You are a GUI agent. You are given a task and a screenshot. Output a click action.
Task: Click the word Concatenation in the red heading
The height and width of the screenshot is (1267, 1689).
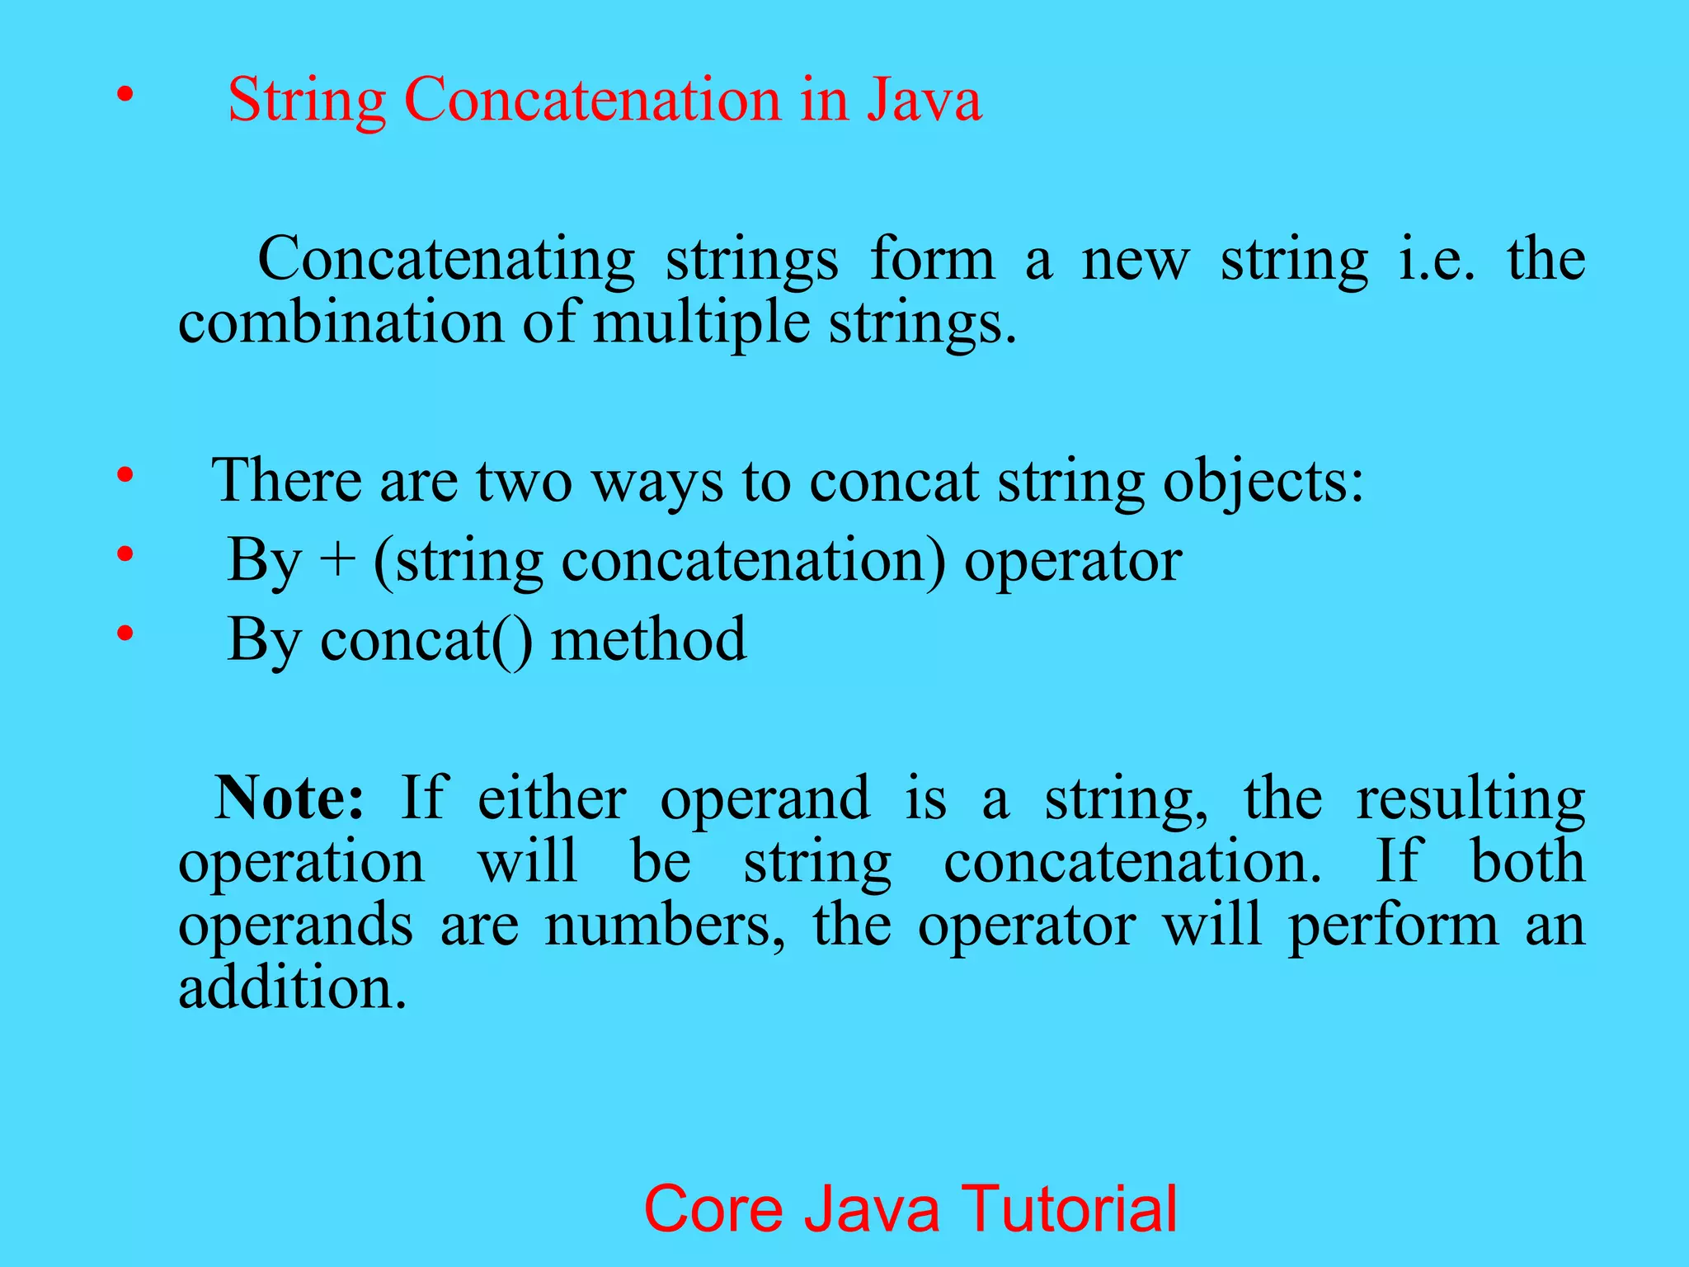pyautogui.click(x=592, y=101)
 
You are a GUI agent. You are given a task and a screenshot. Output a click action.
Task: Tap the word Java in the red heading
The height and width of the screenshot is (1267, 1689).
pyautogui.click(x=924, y=101)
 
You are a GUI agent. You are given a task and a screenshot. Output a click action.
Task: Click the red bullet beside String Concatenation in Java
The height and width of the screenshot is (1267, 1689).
pyautogui.click(x=125, y=96)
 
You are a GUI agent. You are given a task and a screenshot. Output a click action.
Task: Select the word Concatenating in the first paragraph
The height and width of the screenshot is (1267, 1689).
pyautogui.click(x=446, y=261)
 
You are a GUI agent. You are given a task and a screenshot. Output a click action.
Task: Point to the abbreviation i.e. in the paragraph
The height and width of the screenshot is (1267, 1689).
pyautogui.click(x=1436, y=259)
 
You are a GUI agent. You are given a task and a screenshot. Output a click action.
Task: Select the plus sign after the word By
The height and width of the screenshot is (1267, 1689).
pyautogui.click(x=338, y=561)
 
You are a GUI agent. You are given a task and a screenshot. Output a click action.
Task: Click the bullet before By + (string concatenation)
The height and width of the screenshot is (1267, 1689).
pyautogui.click(x=125, y=554)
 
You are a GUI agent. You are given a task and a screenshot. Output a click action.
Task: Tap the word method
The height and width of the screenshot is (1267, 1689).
pyautogui.click(x=648, y=640)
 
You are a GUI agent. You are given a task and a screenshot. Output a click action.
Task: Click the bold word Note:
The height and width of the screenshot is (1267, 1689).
pyautogui.click(x=289, y=798)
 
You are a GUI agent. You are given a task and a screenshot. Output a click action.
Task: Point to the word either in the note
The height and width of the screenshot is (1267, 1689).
pyautogui.click(x=552, y=798)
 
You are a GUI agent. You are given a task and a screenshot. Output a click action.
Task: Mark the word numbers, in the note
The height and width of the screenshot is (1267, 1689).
pyautogui.click(x=665, y=926)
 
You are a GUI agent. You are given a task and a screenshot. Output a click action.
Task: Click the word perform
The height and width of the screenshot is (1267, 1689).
pyautogui.click(x=1393, y=927)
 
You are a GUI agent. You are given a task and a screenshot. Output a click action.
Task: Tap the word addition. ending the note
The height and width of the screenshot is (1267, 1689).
pyautogui.click(x=293, y=988)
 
